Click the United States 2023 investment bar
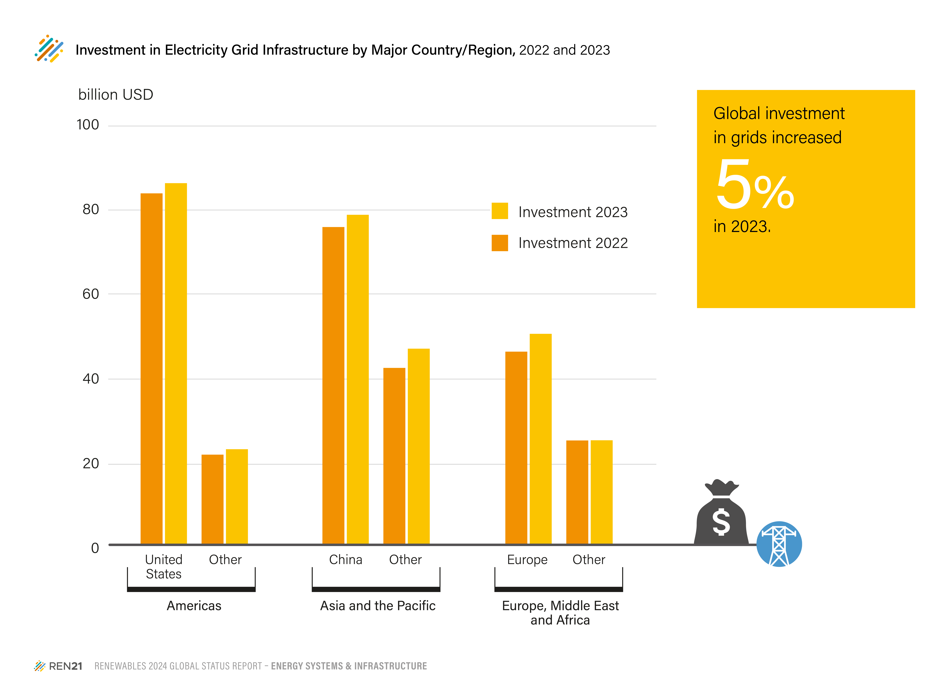tap(176, 364)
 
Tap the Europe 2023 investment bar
tap(540, 439)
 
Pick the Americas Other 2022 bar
tap(212, 499)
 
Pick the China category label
tap(346, 560)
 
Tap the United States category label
tap(164, 567)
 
